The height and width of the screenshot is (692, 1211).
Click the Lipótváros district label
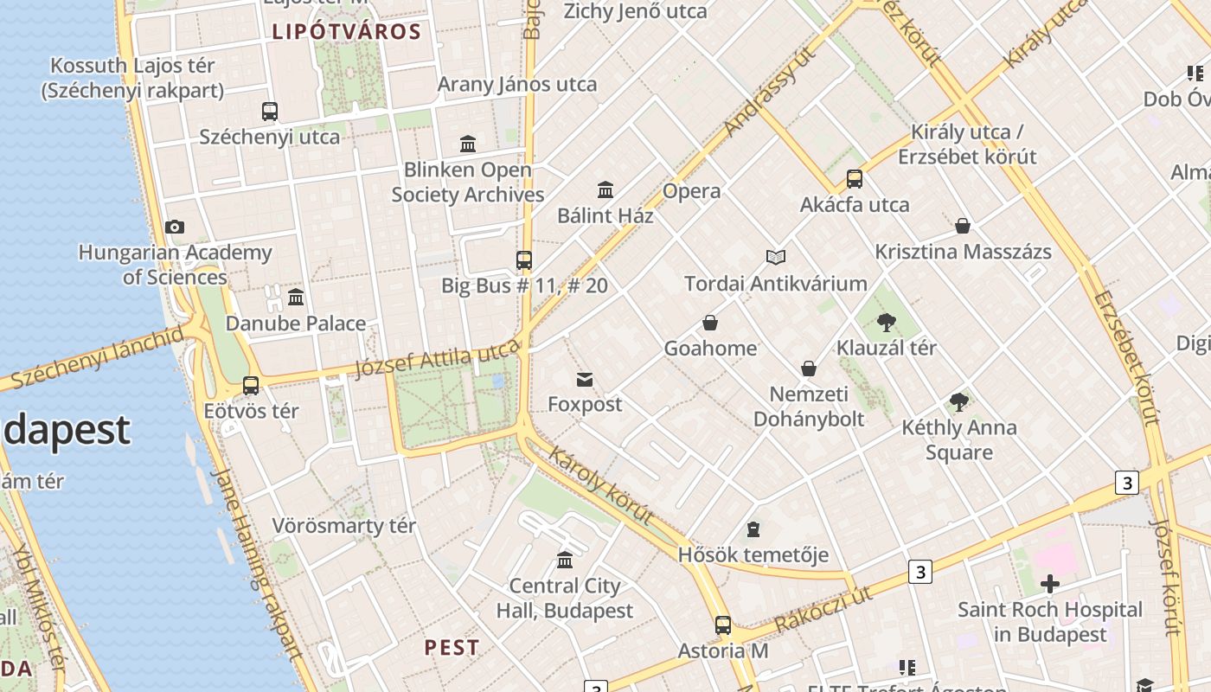pyautogui.click(x=346, y=33)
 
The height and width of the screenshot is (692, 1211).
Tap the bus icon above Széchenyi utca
pyautogui.click(x=270, y=111)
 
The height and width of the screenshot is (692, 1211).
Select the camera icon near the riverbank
pyautogui.click(x=175, y=227)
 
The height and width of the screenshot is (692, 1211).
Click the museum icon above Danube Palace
pyautogui.click(x=296, y=298)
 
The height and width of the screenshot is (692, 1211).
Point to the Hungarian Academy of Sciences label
pyautogui.click(x=175, y=265)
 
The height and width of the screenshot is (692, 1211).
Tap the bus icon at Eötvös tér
pyautogui.click(x=251, y=386)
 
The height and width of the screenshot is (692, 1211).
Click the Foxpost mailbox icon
pyautogui.click(x=585, y=379)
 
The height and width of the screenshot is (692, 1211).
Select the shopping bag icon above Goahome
pyautogui.click(x=710, y=324)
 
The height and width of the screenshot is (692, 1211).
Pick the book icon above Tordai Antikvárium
pyautogui.click(x=776, y=258)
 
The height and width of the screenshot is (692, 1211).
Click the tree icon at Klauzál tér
pyautogui.click(x=886, y=323)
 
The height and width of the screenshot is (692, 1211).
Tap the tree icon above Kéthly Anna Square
pyautogui.click(x=958, y=402)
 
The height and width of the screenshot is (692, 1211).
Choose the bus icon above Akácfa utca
pyautogui.click(x=855, y=179)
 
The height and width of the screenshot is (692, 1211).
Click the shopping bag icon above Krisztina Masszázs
pyautogui.click(x=963, y=227)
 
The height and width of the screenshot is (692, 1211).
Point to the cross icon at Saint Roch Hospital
pyautogui.click(x=1050, y=585)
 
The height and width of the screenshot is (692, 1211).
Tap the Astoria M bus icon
pyautogui.click(x=723, y=625)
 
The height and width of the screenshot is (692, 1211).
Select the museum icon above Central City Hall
pyautogui.click(x=565, y=561)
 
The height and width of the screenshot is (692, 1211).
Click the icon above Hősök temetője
pyautogui.click(x=753, y=529)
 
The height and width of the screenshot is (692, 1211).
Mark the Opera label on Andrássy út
pyautogui.click(x=691, y=191)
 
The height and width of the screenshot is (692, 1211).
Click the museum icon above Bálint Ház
pyautogui.click(x=605, y=189)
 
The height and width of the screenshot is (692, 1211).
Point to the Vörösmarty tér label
pyautogui.click(x=344, y=526)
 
